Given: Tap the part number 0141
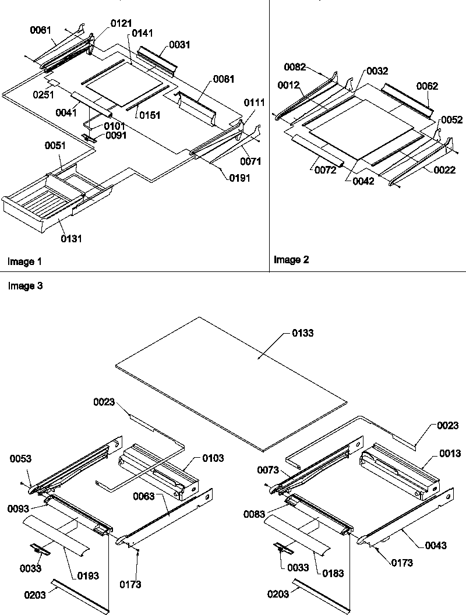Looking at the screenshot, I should tap(142, 34).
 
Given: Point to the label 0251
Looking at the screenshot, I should tap(43, 94).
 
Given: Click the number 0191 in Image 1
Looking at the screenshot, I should tap(239, 178).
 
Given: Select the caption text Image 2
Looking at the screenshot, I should tap(291, 260).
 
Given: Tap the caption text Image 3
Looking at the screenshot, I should tap(25, 286).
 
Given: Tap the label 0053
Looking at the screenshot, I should tap(22, 459).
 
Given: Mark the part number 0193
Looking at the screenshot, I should tap(87, 575).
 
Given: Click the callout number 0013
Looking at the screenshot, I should tap(450, 453).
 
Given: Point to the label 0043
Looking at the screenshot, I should tap(436, 545).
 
